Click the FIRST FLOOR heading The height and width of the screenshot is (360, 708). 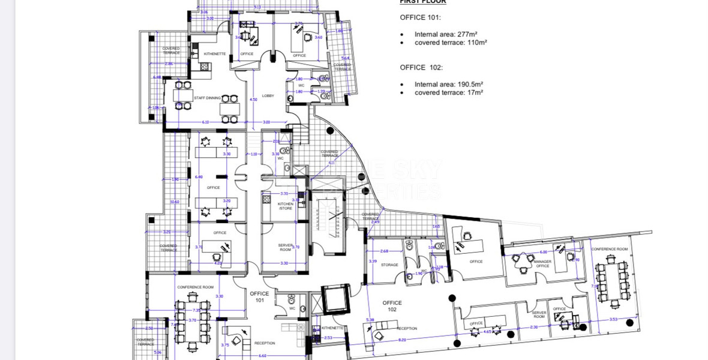[422, 2]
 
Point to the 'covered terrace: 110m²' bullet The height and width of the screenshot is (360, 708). [450, 43]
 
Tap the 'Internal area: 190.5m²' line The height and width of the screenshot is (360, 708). [448, 85]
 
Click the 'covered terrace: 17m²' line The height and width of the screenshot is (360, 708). [448, 92]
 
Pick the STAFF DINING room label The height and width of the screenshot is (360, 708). [207, 98]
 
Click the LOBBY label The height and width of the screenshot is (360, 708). [268, 96]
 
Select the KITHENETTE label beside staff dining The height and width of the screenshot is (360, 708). [215, 54]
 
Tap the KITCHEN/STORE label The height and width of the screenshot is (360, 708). [285, 206]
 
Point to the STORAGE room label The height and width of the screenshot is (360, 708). [389, 265]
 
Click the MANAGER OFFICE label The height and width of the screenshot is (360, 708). [542, 264]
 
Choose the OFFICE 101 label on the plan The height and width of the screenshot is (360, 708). [260, 296]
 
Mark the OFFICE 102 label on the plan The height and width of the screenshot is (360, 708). [392, 306]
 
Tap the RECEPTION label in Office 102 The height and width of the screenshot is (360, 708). [406, 328]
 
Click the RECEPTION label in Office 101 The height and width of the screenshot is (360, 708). [265, 343]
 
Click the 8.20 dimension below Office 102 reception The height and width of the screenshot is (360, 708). [402, 340]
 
